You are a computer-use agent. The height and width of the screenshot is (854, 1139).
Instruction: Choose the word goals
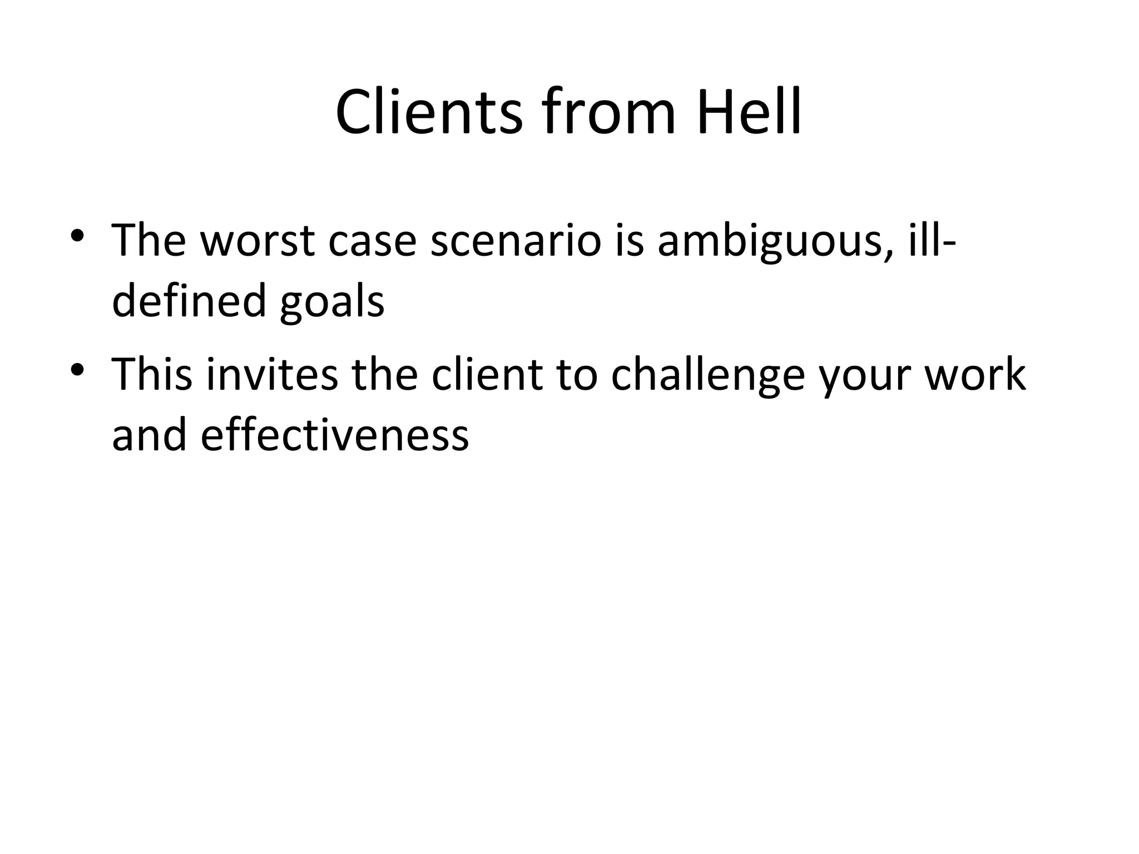click(332, 300)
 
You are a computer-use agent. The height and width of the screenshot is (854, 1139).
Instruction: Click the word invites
click(272, 374)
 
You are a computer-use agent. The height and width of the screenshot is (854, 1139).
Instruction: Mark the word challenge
click(708, 374)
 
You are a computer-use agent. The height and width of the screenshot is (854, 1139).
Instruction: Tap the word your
click(866, 374)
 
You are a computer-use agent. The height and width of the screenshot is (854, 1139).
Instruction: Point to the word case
click(372, 240)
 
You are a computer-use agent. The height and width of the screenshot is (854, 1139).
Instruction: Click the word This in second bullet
click(152, 374)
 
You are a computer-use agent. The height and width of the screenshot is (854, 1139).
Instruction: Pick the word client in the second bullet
click(487, 374)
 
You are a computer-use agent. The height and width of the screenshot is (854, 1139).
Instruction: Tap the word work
click(975, 374)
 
